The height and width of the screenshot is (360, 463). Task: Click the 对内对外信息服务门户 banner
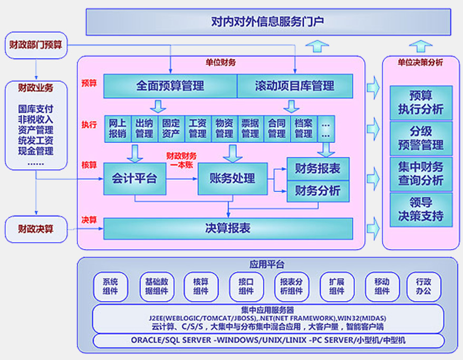[268, 22]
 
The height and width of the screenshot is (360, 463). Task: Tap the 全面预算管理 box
[170, 85]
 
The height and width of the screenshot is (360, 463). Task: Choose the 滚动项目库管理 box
[294, 85]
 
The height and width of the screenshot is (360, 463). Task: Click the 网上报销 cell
[117, 128]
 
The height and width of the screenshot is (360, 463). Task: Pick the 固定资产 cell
[171, 128]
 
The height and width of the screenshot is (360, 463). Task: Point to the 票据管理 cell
[250, 128]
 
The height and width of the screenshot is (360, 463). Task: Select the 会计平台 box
[134, 178]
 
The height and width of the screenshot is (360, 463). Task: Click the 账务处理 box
[232, 178]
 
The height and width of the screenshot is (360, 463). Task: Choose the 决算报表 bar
[227, 229]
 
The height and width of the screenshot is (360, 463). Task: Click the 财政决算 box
[35, 229]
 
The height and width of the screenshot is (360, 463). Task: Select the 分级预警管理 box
[420, 138]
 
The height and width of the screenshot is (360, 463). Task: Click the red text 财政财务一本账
[181, 160]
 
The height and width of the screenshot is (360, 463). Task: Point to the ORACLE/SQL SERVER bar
[268, 340]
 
